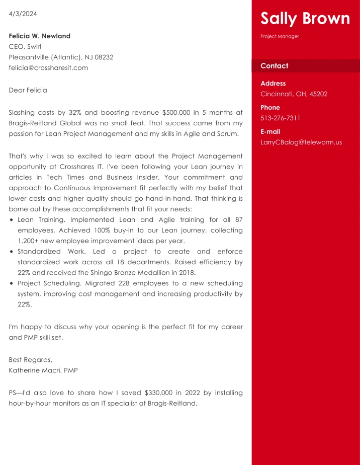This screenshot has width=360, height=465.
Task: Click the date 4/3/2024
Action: [23, 14]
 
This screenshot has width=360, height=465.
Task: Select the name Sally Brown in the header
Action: [305, 19]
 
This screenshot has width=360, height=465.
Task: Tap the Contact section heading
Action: [274, 66]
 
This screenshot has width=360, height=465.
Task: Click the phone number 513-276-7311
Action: [280, 118]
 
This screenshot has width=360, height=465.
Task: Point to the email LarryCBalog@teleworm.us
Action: [301, 142]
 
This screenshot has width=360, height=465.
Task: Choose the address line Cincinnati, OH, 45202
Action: [294, 94]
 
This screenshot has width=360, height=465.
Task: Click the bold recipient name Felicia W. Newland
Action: [40, 36]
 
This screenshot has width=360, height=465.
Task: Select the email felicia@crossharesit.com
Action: [48, 68]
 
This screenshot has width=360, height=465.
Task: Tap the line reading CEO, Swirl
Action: [25, 47]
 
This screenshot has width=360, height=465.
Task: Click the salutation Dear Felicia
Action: [28, 91]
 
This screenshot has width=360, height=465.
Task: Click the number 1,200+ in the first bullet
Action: [29, 241]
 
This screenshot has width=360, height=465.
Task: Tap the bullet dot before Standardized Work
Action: [12, 252]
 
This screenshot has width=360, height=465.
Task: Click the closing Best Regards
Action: [30, 360]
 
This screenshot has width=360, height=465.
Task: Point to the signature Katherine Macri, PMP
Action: [43, 370]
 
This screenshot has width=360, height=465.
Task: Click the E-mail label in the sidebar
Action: [270, 132]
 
